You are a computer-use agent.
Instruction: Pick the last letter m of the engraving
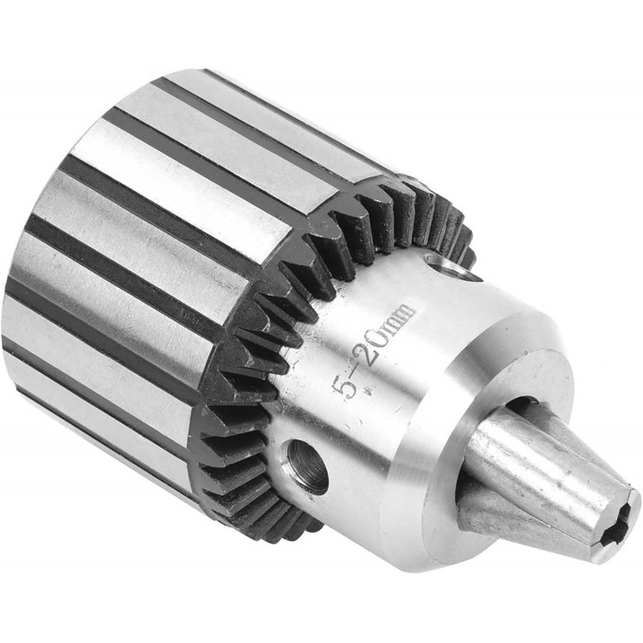[404, 313]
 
